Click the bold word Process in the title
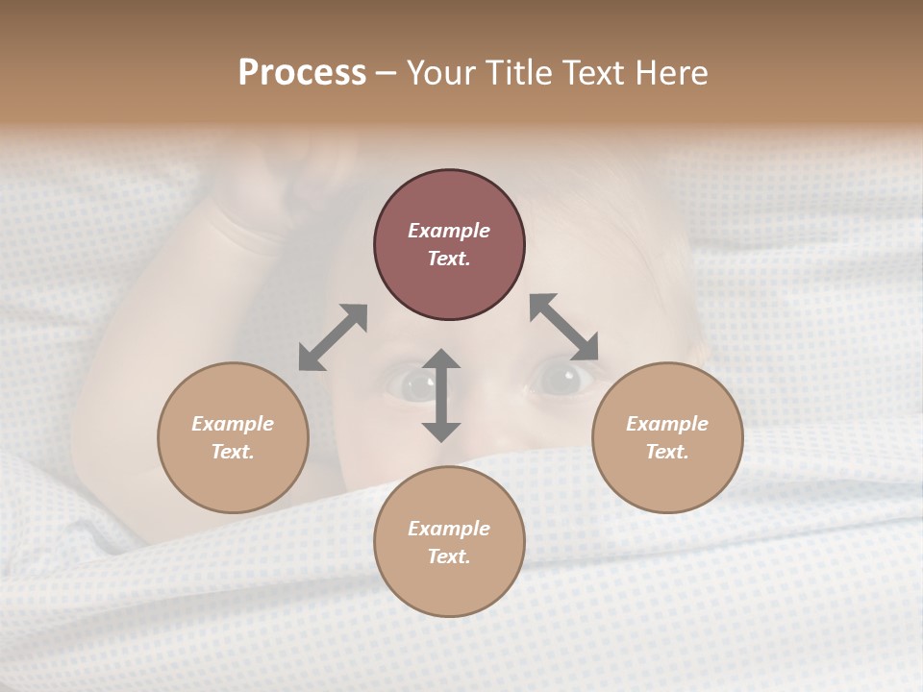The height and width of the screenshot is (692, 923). [x=302, y=73]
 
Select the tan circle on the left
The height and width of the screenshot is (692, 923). [x=233, y=437]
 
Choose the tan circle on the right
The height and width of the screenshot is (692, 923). [x=667, y=437]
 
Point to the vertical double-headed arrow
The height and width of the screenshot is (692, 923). [x=441, y=395]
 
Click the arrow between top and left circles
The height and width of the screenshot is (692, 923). [x=333, y=337]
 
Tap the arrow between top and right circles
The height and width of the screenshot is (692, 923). [x=564, y=327]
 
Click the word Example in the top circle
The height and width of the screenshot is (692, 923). [x=449, y=231]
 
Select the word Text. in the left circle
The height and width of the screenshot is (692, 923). [x=233, y=452]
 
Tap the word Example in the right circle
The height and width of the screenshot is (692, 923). [x=667, y=424]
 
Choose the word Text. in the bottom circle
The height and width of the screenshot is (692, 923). [x=449, y=556]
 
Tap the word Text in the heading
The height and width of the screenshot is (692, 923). [x=591, y=73]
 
